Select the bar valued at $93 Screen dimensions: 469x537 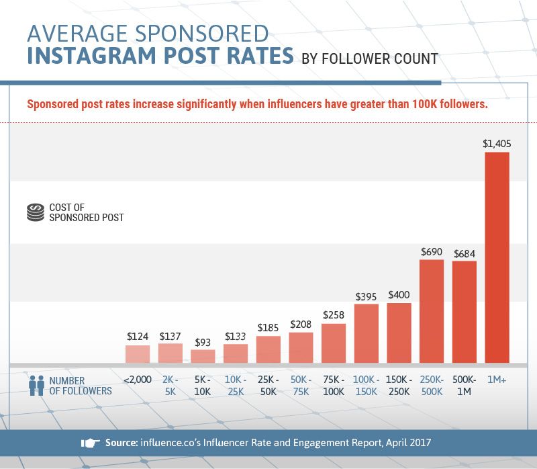point(203,356)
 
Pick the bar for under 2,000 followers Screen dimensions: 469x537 point(138,354)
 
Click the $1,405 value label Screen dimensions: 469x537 point(497,143)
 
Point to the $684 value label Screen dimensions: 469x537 point(465,253)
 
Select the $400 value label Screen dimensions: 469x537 point(399,295)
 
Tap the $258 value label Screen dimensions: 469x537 point(334,314)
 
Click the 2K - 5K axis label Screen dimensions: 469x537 point(170,385)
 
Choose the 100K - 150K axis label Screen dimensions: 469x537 point(366,385)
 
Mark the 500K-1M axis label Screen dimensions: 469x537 point(465,385)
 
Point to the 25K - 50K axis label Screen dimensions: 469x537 point(268,385)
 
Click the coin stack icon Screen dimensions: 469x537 point(35,212)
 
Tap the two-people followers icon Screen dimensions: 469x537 point(36,385)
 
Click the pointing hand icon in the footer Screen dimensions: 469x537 point(91,443)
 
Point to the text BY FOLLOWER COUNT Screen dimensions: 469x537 point(370,58)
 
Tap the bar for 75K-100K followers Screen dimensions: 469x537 point(334,343)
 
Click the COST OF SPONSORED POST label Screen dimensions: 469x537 point(86,212)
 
